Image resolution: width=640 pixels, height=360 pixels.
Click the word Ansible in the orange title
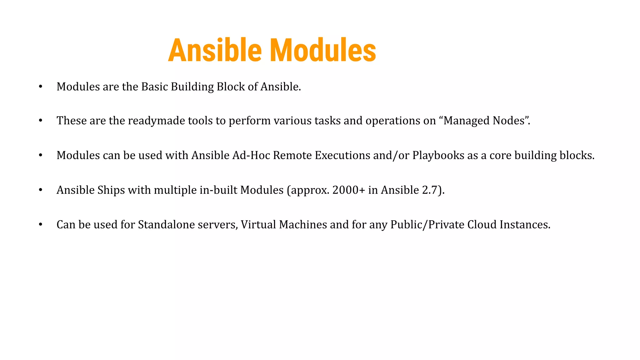[x=215, y=51]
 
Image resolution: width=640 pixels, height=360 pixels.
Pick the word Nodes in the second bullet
[x=508, y=121]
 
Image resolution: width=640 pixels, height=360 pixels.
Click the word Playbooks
[x=438, y=156]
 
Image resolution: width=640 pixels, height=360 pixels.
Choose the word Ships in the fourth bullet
[x=111, y=190]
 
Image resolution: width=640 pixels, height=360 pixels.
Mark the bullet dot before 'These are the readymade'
[x=41, y=121]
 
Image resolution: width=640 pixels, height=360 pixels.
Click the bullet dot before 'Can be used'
[x=41, y=225]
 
